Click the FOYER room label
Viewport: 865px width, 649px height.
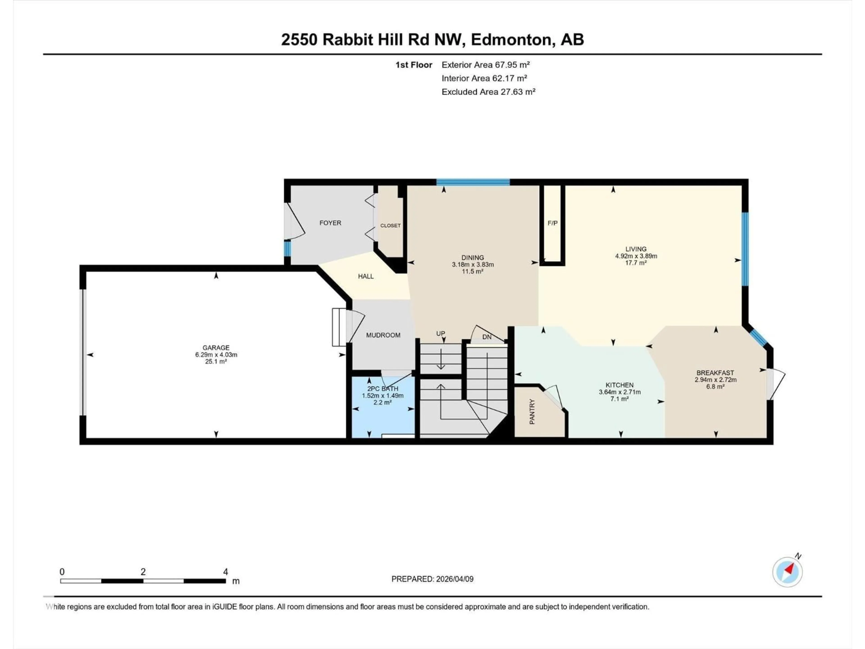(330, 223)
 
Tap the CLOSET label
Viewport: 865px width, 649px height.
(390, 226)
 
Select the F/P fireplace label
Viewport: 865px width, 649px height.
(552, 223)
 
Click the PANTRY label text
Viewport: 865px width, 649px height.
(532, 411)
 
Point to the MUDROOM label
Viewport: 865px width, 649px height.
(383, 335)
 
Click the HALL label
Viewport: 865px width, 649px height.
(366, 277)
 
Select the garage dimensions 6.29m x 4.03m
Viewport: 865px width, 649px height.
(216, 355)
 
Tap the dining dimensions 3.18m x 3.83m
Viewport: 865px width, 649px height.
(472, 265)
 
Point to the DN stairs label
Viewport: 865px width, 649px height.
(487, 337)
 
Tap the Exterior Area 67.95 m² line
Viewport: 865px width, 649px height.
(485, 65)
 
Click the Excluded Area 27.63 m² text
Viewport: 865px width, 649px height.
(488, 92)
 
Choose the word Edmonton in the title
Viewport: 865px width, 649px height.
(512, 40)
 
